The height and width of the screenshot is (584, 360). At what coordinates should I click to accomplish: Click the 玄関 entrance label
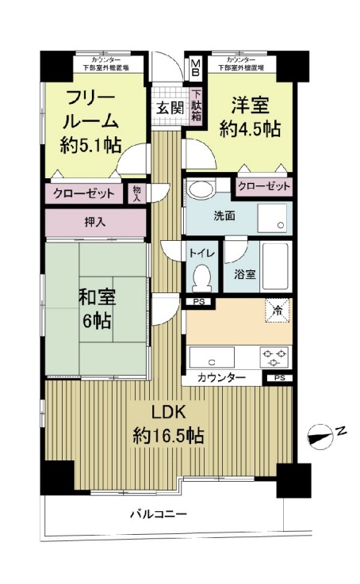[x=167, y=109]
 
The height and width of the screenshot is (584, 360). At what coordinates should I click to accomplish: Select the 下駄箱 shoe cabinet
[x=195, y=109]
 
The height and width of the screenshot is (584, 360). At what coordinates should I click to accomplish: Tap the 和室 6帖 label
[x=97, y=309]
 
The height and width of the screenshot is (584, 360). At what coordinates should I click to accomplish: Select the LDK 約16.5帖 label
[x=169, y=424]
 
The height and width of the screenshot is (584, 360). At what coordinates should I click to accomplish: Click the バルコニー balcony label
[x=159, y=514]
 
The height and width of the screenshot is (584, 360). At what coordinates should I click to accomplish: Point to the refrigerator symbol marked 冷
[x=277, y=311]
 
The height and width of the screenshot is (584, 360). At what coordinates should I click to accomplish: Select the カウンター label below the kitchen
[x=221, y=378]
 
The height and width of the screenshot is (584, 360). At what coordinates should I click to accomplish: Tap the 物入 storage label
[x=137, y=193]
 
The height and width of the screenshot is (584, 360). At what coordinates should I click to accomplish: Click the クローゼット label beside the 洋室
[x=262, y=187]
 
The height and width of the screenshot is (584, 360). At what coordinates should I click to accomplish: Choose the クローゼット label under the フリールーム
[x=84, y=193]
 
